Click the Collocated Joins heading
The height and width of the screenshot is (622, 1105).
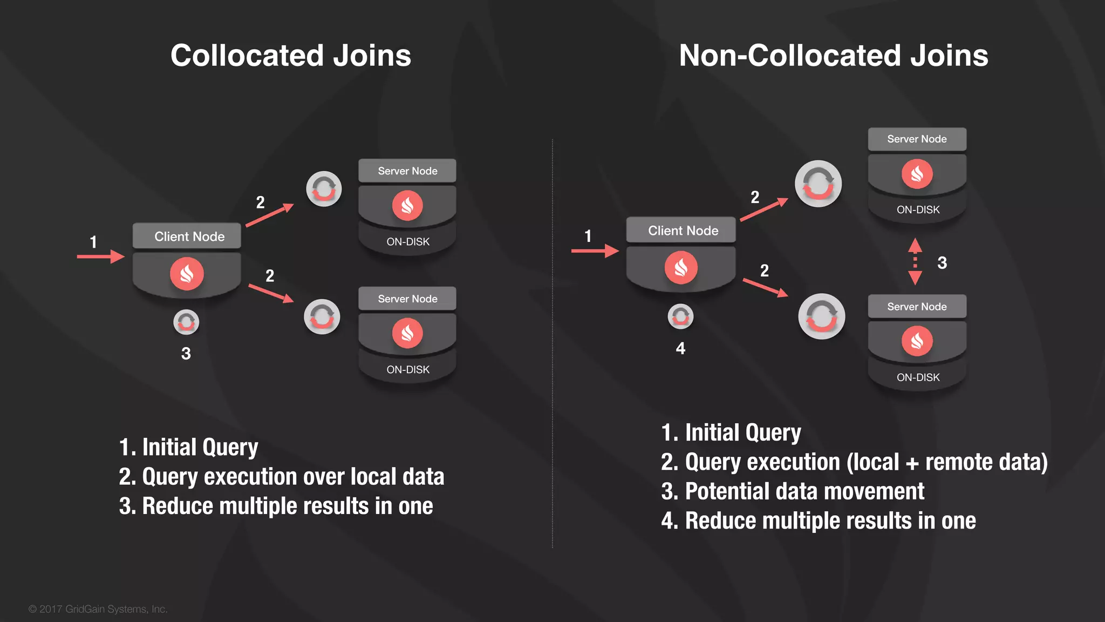(291, 56)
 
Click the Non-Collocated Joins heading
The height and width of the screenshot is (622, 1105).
(833, 56)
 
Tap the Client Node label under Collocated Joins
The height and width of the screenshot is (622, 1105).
(189, 236)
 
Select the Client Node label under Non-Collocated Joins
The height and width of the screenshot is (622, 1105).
(683, 231)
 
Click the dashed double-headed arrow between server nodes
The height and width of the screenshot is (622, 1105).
(915, 262)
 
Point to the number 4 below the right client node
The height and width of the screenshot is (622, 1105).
(680, 348)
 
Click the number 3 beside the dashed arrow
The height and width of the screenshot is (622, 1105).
(942, 263)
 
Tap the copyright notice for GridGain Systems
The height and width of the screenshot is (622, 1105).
(98, 609)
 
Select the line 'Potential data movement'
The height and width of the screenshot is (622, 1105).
(793, 491)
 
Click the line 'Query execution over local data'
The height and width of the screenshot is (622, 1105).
(281, 477)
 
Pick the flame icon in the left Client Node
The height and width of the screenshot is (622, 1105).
(187, 274)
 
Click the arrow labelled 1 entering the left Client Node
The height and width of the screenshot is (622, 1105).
(100, 256)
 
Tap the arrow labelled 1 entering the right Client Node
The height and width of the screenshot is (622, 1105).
(595, 251)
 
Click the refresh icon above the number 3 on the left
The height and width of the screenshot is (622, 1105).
(186, 322)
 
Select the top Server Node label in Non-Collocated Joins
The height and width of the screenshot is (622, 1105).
(917, 139)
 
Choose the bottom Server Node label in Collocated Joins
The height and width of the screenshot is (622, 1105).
(407, 299)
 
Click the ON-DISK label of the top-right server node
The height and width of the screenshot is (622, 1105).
(918, 209)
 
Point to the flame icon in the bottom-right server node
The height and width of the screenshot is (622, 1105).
(917, 341)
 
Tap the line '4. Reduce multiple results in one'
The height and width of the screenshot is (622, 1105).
(818, 521)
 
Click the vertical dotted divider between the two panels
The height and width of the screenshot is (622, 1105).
(552, 346)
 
